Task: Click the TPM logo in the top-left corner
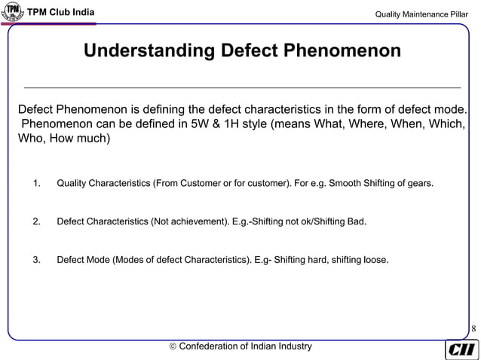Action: [14, 13]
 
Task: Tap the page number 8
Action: [473, 328]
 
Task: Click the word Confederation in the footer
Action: [213, 346]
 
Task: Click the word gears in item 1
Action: [419, 183]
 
